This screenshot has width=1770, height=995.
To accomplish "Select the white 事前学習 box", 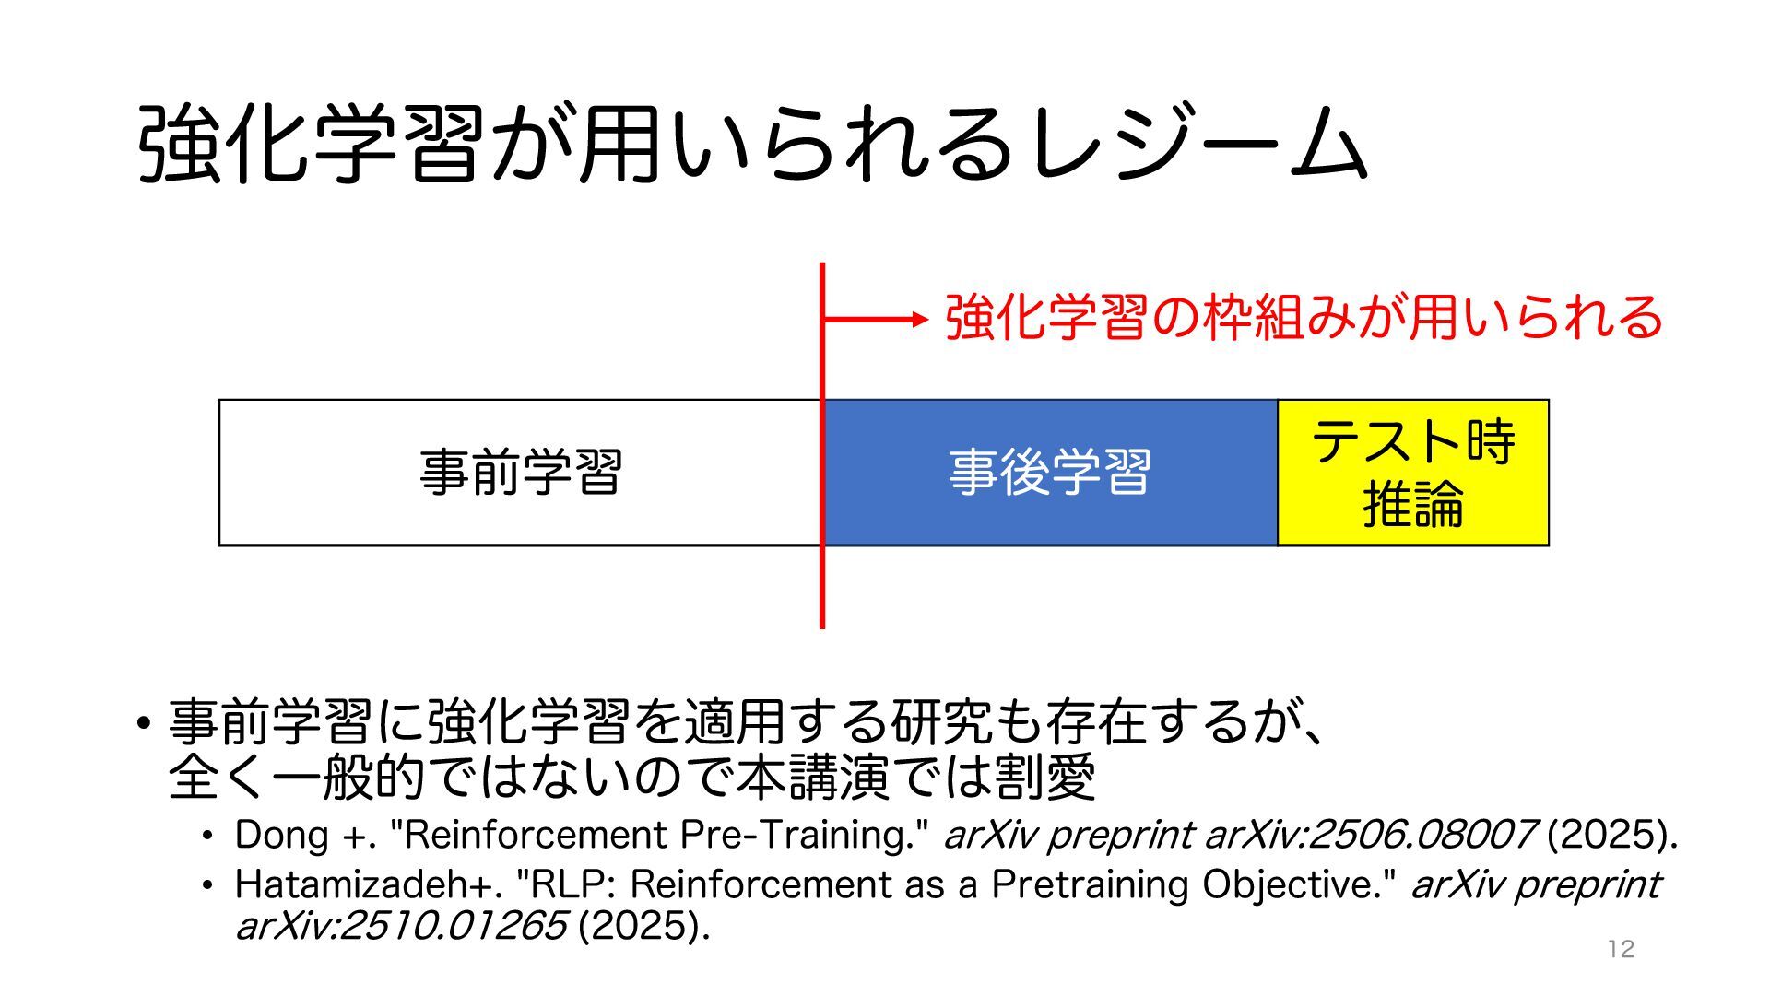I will click(x=520, y=473).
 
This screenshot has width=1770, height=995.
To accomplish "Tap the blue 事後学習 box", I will click(x=1050, y=473).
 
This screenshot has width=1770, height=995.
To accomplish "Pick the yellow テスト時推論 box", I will click(x=1413, y=473).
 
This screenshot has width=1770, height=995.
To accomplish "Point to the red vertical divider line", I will click(x=822, y=590).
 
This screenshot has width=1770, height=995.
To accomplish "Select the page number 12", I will click(x=1620, y=949).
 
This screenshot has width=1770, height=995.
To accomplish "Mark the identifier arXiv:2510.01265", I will click(x=401, y=926).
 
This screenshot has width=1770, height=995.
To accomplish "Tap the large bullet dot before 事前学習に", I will click(x=142, y=722).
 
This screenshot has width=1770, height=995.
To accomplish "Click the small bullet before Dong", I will click(x=209, y=836).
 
